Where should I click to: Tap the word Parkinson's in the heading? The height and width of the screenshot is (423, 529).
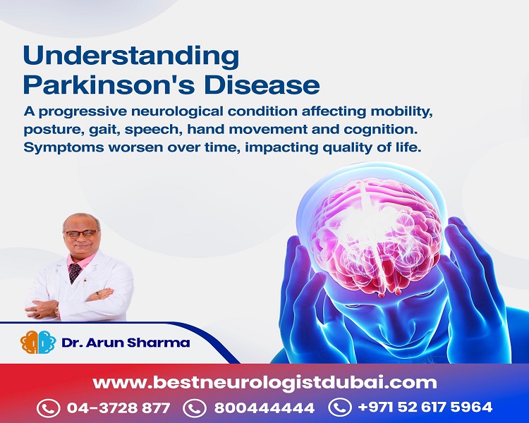click(109, 86)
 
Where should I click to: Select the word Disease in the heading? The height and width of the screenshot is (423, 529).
click(262, 86)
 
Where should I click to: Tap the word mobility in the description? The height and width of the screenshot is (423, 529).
click(402, 112)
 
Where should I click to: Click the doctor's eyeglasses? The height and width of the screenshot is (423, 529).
click(80, 234)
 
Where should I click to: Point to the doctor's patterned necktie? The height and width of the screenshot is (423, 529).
click(75, 272)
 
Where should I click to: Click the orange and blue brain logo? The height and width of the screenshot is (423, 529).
click(38, 343)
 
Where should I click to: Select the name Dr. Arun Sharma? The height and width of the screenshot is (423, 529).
click(126, 343)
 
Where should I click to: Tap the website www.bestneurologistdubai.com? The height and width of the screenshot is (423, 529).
click(264, 383)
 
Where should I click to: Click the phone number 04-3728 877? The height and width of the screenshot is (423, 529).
click(118, 407)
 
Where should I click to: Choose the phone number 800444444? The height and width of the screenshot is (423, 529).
click(264, 407)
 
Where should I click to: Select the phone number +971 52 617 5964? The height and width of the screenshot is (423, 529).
click(425, 407)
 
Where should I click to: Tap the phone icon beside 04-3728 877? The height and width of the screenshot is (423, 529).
click(48, 408)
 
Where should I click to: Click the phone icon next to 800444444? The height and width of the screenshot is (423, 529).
click(195, 408)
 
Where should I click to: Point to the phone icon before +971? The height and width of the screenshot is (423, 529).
click(340, 407)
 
